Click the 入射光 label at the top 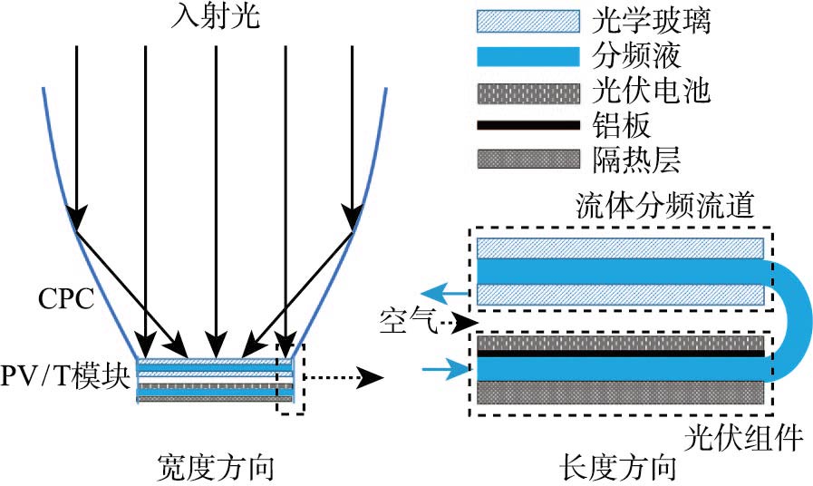[x=215, y=17]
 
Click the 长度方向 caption [x=618, y=468]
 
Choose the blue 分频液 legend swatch [x=527, y=56]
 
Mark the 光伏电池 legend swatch [x=527, y=91]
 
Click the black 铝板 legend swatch [x=527, y=125]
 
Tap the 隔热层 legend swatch [x=527, y=160]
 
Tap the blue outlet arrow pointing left [x=450, y=292]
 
